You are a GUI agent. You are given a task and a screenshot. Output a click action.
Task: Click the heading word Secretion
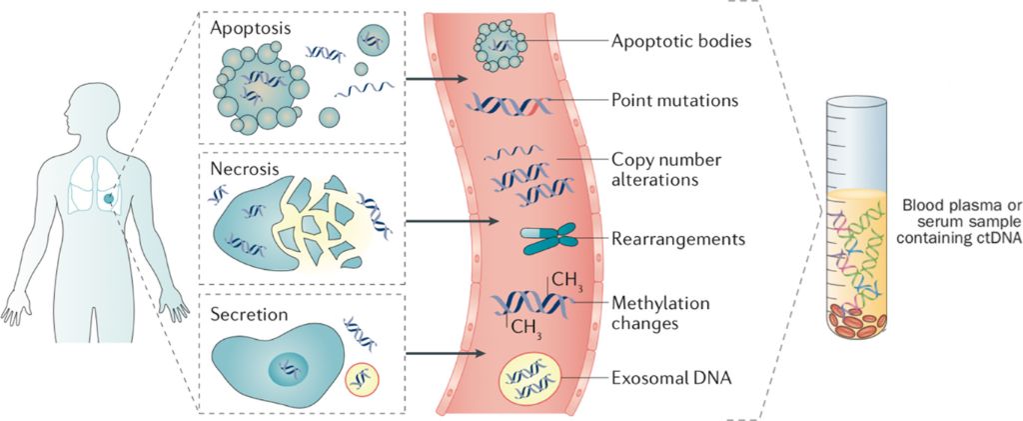point(250,314)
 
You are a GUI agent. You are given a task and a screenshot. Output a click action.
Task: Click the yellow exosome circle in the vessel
point(528,381)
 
